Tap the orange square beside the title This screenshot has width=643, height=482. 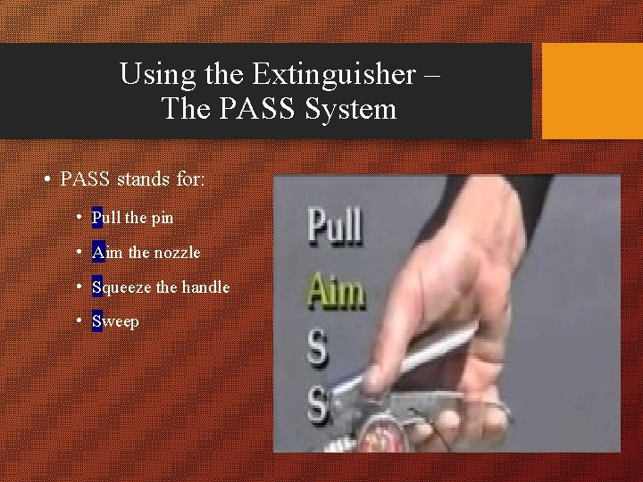(592, 91)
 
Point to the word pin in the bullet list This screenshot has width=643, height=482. (163, 217)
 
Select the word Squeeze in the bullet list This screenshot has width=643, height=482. (121, 287)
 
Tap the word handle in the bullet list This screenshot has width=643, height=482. (206, 287)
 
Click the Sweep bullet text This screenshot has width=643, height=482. (115, 321)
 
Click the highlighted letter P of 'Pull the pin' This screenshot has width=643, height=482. (96, 217)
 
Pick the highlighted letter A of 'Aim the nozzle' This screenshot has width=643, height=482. (97, 253)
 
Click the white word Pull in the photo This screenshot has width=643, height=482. (335, 227)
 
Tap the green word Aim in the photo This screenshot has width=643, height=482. (336, 292)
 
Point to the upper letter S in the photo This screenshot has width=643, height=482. (317, 350)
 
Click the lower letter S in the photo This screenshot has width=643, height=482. (318, 406)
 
